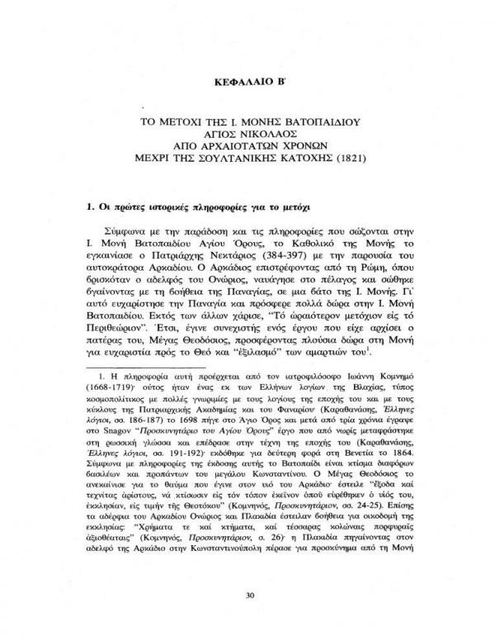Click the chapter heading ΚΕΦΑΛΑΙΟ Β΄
(248, 83)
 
